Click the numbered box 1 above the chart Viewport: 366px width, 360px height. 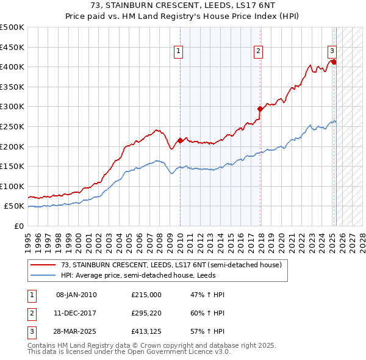pyautogui.click(x=179, y=52)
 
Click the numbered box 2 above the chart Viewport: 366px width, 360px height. pyautogui.click(x=259, y=52)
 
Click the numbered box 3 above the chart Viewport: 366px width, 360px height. pyautogui.click(x=332, y=52)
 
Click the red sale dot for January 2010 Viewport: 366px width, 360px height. pyautogui.click(x=180, y=140)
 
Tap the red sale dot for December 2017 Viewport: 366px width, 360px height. pyautogui.click(x=260, y=109)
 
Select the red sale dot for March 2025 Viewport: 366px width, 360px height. pyautogui.click(x=334, y=62)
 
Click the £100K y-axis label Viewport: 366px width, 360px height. pyautogui.click(x=12, y=186)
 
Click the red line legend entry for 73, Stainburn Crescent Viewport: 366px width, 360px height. pyautogui.click(x=171, y=265)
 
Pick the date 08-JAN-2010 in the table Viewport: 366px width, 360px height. pyautogui.click(x=76, y=295)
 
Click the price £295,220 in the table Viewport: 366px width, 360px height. pyautogui.click(x=146, y=314)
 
